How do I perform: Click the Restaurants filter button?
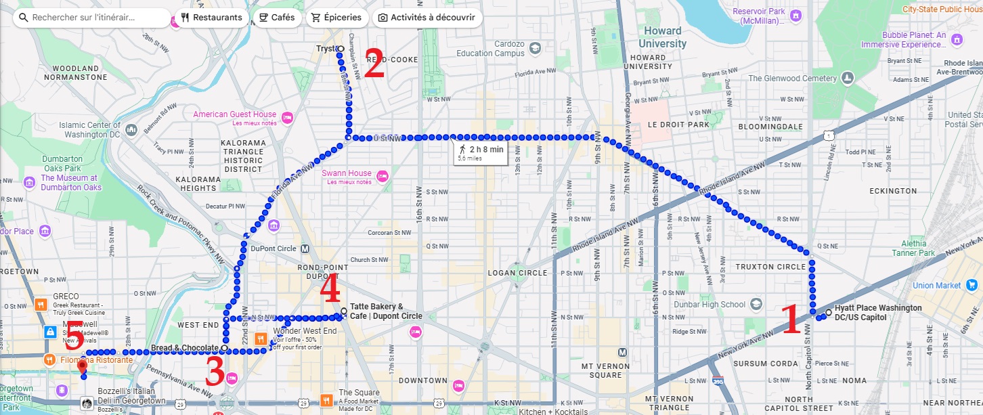coord(211,18)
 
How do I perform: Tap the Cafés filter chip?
coord(277,18)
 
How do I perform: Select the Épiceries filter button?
coord(336,18)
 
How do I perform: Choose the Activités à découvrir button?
coord(427,18)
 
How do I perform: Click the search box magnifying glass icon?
coord(23,18)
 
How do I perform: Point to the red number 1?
coord(791,319)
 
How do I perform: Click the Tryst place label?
coord(326,49)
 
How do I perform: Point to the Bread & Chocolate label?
coord(184,348)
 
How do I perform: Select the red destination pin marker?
coord(83,367)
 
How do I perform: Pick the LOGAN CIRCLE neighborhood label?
coord(517,273)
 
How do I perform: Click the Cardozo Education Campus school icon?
coord(535,48)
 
